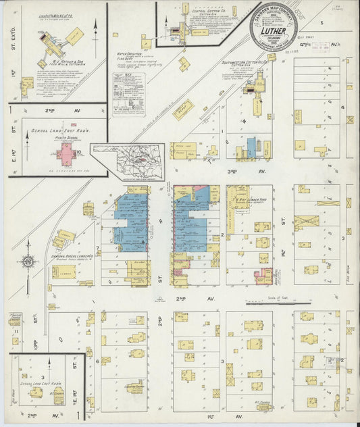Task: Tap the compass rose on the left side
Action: pyautogui.click(x=28, y=261)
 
